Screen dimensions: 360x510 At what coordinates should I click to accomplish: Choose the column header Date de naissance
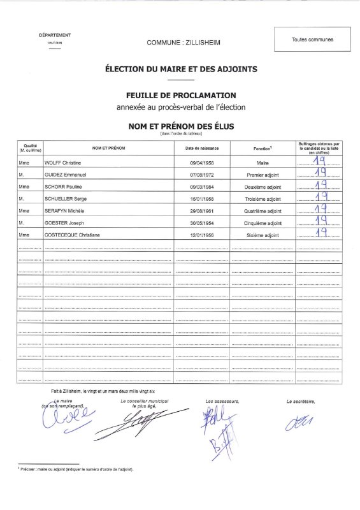point(202,149)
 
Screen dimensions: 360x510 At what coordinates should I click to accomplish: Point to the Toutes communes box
point(312,40)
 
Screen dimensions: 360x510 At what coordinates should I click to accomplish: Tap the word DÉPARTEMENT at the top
point(55,35)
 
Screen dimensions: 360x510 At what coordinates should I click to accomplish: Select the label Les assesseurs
point(222,400)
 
